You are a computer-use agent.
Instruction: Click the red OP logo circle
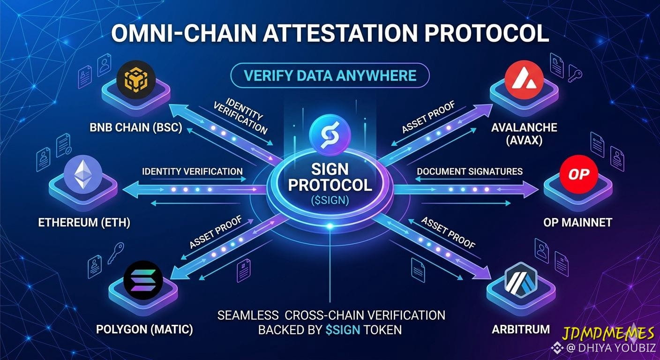pos(579,174)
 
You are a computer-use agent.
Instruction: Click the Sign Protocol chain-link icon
pos(330,135)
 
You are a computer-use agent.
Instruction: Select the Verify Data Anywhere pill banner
pos(330,75)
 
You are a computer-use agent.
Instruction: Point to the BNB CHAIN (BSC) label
pos(136,127)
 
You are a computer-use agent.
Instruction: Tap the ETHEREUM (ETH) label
pos(84,223)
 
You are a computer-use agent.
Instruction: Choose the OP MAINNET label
pos(578,223)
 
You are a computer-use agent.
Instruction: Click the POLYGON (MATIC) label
pos(144,329)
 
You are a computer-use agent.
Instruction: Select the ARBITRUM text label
pos(521,329)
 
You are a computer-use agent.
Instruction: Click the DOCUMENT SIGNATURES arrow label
pos(470,172)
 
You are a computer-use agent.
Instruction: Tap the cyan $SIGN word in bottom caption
pos(343,330)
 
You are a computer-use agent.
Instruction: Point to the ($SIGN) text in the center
pos(330,200)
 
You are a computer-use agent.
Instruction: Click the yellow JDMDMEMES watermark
pos(608,333)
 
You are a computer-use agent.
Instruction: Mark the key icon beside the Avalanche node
pos(575,73)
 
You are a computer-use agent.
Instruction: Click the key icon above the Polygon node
pos(115,253)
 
